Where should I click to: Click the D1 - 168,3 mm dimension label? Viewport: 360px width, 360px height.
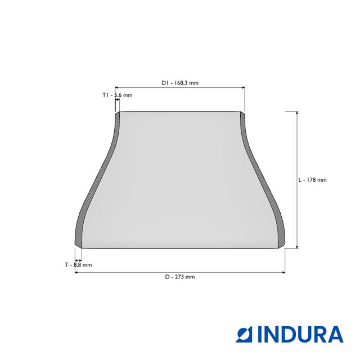(x=180, y=83)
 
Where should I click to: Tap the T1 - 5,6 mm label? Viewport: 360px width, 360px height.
(x=118, y=95)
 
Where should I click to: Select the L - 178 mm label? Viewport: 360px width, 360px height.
(x=312, y=180)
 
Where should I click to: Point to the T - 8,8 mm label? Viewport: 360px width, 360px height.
(x=78, y=265)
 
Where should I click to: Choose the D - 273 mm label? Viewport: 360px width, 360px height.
(x=180, y=277)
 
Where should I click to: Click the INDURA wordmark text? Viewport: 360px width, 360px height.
(x=300, y=334)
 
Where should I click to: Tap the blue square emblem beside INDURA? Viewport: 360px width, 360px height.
(x=244, y=334)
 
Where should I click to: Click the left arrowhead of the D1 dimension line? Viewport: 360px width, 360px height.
(x=116, y=88)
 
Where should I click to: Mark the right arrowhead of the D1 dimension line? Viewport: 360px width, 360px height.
(x=244, y=88)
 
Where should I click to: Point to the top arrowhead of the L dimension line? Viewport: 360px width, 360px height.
(x=297, y=113)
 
